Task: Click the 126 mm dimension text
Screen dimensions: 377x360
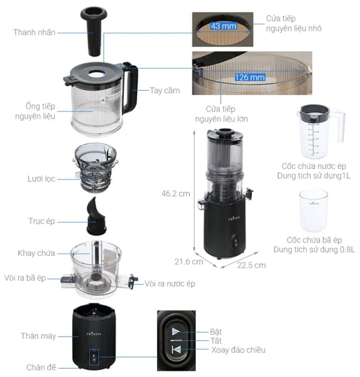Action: pyautogui.click(x=250, y=77)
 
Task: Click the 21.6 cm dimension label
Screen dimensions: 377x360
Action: pyautogui.click(x=189, y=262)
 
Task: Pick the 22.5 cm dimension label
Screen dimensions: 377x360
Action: pyautogui.click(x=252, y=265)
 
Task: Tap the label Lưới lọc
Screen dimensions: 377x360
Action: pyautogui.click(x=42, y=178)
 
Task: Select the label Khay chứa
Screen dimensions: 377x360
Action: pyautogui.click(x=37, y=253)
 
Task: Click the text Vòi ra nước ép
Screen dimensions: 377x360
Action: pyautogui.click(x=170, y=284)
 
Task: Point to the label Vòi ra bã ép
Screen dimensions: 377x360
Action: pyautogui.click(x=33, y=279)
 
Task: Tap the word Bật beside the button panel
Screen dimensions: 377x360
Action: pyautogui.click(x=216, y=331)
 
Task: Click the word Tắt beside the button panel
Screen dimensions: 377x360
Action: pyautogui.click(x=216, y=340)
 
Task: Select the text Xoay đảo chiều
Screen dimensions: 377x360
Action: pyautogui.click(x=236, y=350)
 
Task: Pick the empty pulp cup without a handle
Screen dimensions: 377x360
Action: pyautogui.click(x=313, y=210)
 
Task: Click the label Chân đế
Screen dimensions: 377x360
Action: pyautogui.click(x=41, y=367)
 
